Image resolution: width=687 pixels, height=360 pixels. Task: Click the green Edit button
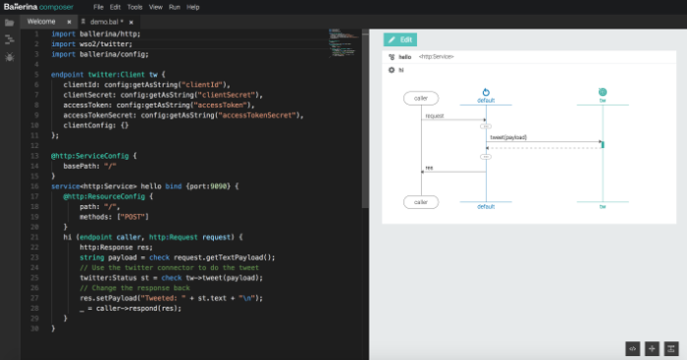click(401, 40)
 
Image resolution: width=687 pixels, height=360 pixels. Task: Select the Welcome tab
click(41, 20)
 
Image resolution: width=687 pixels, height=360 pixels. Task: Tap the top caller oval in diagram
click(420, 99)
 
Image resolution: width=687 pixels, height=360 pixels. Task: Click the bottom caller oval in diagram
click(420, 202)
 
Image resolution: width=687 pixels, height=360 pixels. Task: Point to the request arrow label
click(435, 116)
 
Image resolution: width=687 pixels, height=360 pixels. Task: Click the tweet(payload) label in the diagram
click(508, 137)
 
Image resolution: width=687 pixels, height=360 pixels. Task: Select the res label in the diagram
click(429, 168)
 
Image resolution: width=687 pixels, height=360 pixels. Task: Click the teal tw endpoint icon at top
click(603, 92)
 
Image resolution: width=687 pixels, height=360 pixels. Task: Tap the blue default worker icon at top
click(486, 92)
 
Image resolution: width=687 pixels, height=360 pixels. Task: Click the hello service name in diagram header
click(404, 58)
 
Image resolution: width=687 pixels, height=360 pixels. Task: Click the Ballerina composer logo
click(33, 7)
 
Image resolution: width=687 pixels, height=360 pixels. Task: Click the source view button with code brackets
click(632, 347)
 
